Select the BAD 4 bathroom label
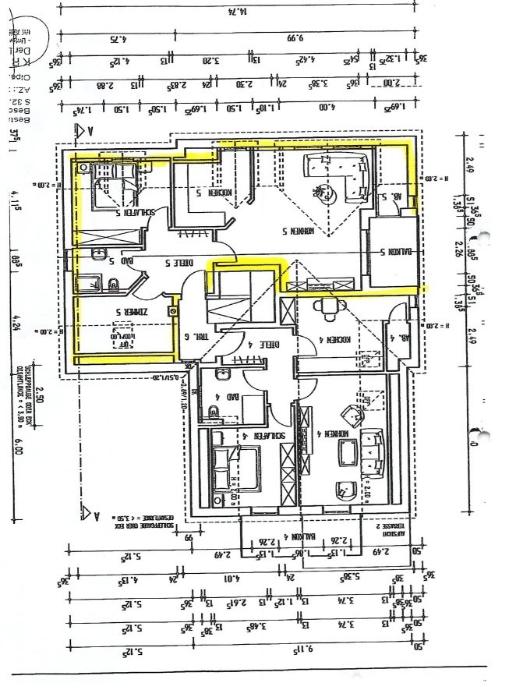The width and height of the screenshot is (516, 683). [x=211, y=396]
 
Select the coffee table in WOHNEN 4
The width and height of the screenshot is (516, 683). [x=346, y=453]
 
